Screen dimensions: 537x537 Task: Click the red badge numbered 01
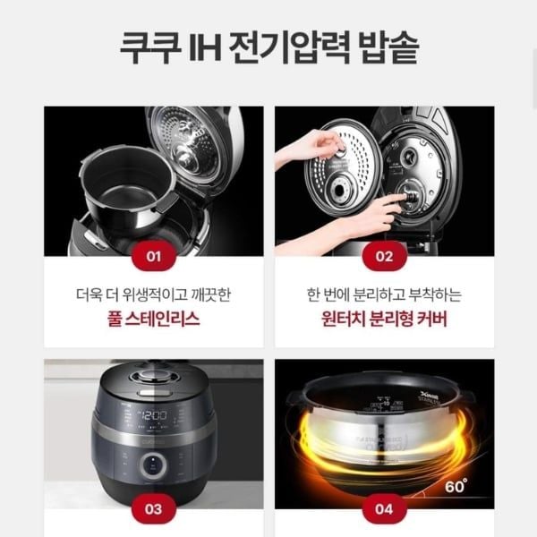coord(154,257)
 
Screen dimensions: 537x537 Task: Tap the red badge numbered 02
coord(384,257)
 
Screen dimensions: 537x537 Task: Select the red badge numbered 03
coord(154,509)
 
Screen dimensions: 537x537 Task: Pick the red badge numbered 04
coord(384,509)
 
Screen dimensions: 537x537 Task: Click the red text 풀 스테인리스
coord(154,320)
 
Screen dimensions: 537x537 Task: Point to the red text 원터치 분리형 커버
coord(384,320)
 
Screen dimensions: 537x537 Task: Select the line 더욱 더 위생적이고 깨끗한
coord(154,294)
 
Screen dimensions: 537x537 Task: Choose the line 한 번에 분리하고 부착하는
coord(384,294)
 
